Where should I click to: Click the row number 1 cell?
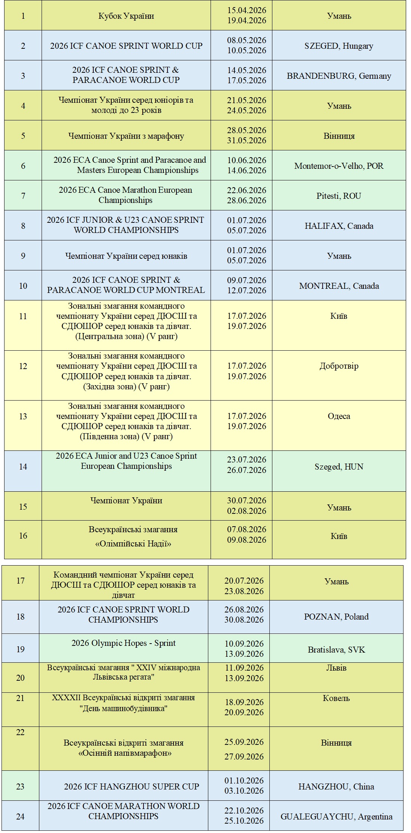tap(23, 16)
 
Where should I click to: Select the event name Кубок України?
tap(126, 16)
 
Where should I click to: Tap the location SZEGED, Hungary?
tap(339, 46)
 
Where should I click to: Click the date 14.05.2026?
tap(247, 70)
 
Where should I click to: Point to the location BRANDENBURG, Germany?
tap(339, 76)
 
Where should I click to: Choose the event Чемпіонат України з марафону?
tap(126, 136)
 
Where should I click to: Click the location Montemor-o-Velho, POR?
tap(339, 166)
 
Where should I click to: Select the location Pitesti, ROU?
tap(339, 196)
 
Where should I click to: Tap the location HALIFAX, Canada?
tap(339, 226)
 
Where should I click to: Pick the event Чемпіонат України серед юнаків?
tap(126, 256)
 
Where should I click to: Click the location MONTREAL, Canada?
tap(339, 286)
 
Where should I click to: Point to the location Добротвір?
tap(339, 366)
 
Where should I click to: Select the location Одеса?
tap(339, 416)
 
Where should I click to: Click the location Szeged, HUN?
tap(339, 467)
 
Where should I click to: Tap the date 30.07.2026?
tap(247, 500)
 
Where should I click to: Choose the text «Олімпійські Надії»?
tap(133, 543)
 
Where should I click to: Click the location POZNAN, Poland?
tap(336, 617)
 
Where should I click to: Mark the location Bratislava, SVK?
tap(336, 650)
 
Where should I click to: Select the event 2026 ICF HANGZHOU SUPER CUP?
tap(131, 786)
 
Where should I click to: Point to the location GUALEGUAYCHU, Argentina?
tap(336, 816)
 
